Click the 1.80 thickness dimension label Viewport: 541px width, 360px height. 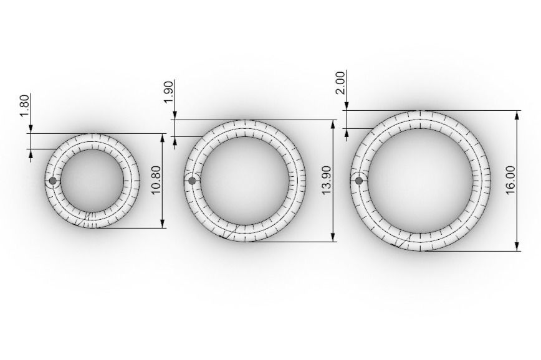[24, 105]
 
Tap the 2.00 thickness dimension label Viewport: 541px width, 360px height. [340, 82]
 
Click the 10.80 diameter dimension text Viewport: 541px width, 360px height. [156, 181]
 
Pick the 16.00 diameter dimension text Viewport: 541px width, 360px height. [510, 181]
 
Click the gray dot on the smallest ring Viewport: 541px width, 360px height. [52, 181]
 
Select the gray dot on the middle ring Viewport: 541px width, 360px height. [192, 181]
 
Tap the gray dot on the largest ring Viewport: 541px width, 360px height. [358, 181]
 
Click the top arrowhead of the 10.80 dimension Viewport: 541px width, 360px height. [163, 138]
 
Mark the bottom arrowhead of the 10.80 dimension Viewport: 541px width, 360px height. [163, 224]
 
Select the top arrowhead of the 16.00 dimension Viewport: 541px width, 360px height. [517, 115]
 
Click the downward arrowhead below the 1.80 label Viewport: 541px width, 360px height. [30, 129]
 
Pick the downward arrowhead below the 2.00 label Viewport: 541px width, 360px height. [346, 107]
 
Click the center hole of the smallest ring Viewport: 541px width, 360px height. [93, 181]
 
